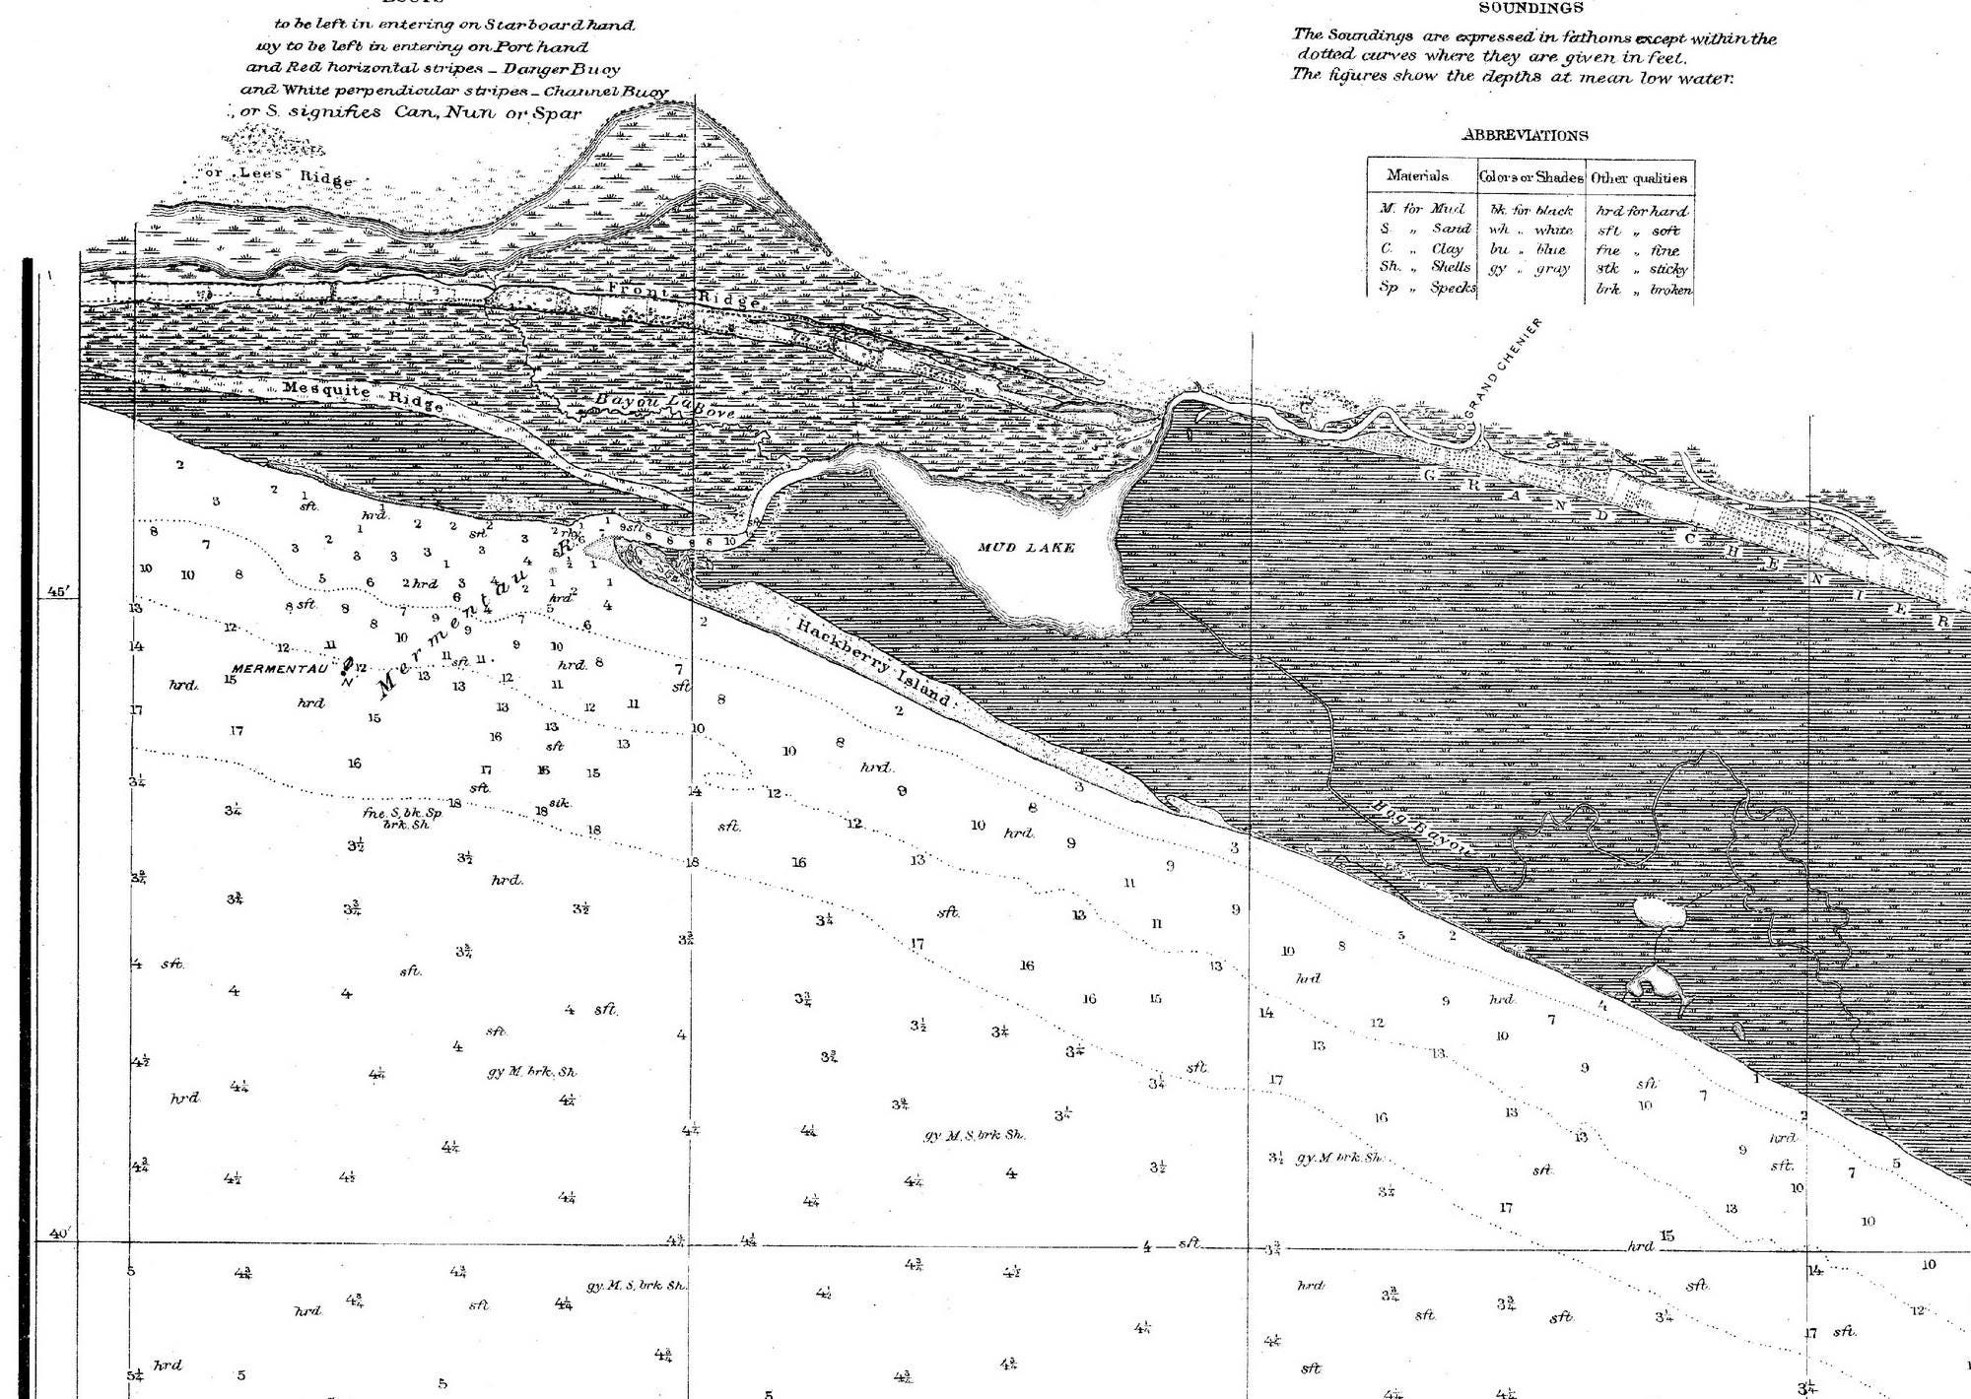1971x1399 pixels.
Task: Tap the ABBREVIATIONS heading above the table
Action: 1525,136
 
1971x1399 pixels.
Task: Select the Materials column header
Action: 1417,176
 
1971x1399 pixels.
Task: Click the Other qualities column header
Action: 1639,178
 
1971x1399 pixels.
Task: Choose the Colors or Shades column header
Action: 1530,178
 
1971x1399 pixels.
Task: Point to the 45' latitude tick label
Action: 56,592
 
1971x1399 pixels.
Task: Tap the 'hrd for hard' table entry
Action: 1641,211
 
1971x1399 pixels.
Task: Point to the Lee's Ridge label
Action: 277,177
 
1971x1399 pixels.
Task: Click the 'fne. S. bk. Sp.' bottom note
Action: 403,814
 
